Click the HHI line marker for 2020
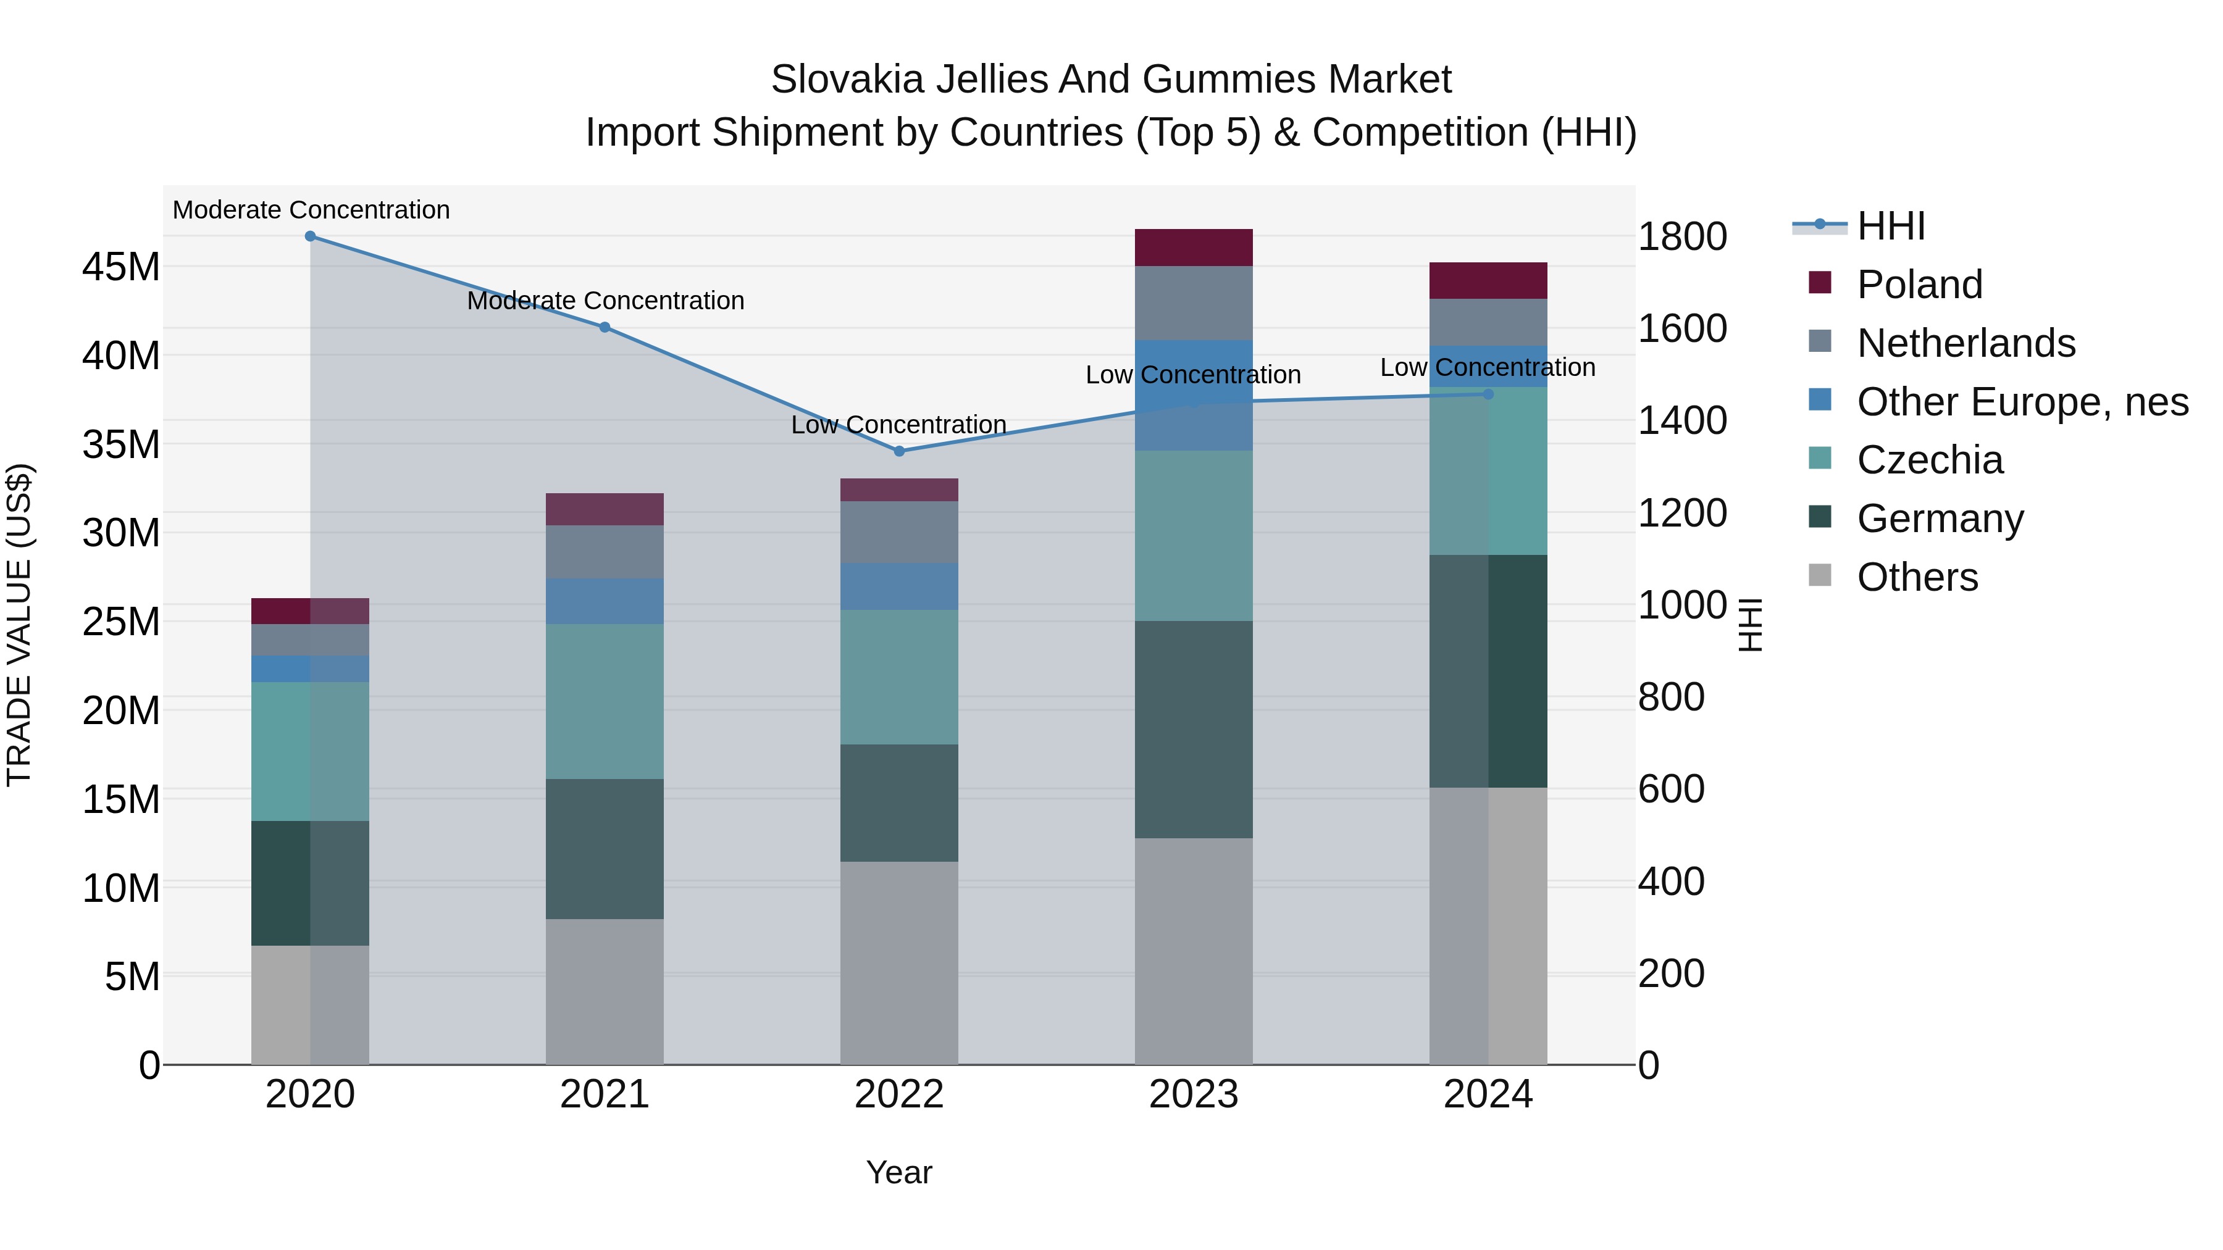tap(311, 236)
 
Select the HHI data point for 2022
tap(899, 451)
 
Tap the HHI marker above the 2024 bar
tap(1488, 394)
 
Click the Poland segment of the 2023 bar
tap(1194, 248)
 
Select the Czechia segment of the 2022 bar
tap(899, 677)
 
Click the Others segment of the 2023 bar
tap(1194, 951)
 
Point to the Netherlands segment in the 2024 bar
tap(1488, 323)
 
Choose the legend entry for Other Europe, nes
tap(2022, 402)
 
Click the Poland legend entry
tap(1919, 285)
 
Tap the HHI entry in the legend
tap(1890, 226)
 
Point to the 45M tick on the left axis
tap(121, 267)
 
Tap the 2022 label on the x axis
tap(899, 1094)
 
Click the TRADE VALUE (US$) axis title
tap(19, 625)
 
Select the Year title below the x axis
tap(899, 1172)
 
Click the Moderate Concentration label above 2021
tap(605, 301)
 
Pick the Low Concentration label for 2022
tap(898, 425)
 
